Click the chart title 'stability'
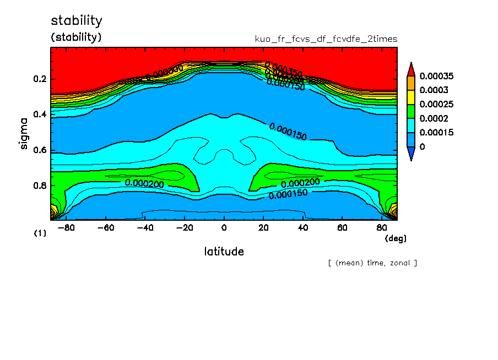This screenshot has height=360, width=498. click(77, 21)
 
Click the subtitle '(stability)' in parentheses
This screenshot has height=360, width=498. click(77, 37)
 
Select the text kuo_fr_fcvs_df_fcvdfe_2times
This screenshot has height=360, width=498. click(326, 39)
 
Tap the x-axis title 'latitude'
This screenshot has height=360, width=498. click(224, 252)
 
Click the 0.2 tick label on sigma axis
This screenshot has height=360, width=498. click(40, 79)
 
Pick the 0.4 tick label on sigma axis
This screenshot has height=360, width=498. click(40, 114)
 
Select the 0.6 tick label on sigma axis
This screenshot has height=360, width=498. click(40, 150)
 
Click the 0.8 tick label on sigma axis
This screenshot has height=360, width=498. click(40, 186)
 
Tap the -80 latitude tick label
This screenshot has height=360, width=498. click(65, 227)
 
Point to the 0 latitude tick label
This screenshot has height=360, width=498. click(224, 227)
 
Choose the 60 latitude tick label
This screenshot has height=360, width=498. click(342, 227)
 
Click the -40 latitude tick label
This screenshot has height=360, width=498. click(144, 227)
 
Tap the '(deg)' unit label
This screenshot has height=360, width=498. click(395, 238)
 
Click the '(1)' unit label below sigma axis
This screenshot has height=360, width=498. click(40, 233)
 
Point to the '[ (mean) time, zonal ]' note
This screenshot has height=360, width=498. click(372, 263)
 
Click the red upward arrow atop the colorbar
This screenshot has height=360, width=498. click(410, 69)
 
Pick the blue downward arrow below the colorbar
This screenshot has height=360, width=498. click(410, 155)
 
